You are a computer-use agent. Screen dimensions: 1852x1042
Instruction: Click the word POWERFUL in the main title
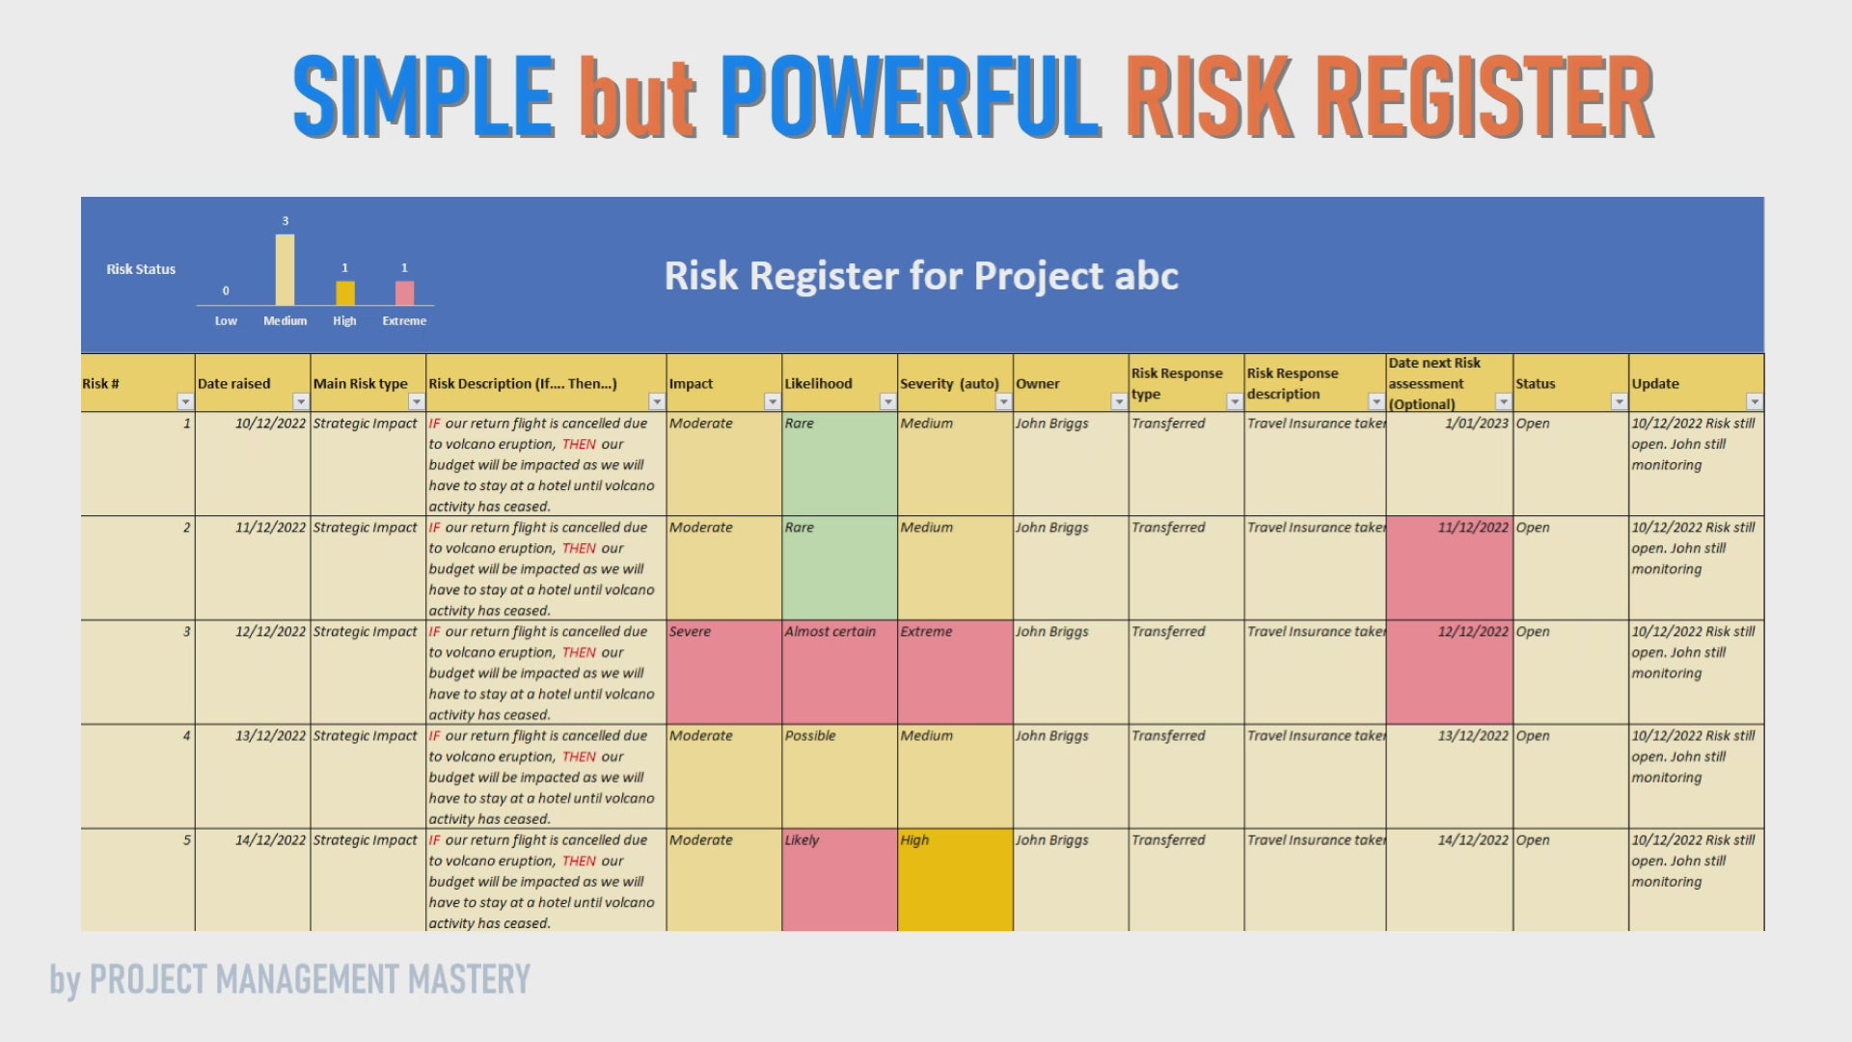[x=910, y=96]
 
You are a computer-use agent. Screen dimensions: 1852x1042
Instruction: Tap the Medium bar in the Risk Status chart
[x=285, y=270]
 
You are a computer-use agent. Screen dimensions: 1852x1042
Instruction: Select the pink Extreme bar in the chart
[x=404, y=293]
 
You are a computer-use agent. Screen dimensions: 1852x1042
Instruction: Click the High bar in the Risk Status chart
[x=344, y=293]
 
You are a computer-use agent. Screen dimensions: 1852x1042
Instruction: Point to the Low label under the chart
[x=226, y=321]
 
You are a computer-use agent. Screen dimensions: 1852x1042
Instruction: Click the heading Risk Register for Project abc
[x=921, y=276]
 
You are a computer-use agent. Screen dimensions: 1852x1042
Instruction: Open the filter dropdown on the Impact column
[x=772, y=401]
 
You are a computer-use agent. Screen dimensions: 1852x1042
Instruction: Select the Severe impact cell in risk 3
[x=723, y=672]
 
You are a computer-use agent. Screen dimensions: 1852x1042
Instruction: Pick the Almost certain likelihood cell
[x=839, y=672]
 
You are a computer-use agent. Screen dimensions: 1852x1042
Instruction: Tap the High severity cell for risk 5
[x=955, y=880]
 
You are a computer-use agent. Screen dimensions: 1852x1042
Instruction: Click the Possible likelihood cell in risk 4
[x=839, y=777]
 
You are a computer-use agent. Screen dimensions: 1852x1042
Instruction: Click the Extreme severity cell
[x=955, y=672]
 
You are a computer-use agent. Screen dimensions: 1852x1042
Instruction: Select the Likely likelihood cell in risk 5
[x=839, y=880]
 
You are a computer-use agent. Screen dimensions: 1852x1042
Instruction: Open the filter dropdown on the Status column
[x=1619, y=401]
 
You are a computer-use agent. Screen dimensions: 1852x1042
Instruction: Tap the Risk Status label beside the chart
[x=141, y=269]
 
